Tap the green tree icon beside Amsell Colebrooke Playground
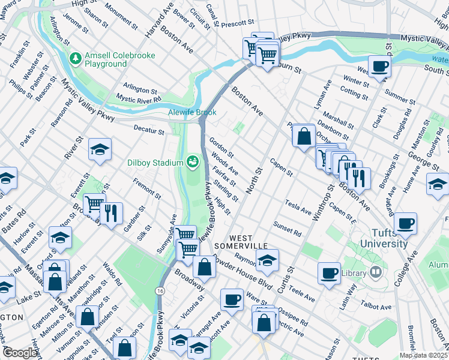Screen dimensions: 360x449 pos(76,58)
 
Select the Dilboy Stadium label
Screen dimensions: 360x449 pos(155,163)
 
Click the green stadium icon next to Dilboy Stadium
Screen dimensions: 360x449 pos(192,161)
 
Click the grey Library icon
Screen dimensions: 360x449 pos(376,272)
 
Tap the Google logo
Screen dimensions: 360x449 pos(20,353)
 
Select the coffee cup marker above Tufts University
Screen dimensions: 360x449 pos(406,224)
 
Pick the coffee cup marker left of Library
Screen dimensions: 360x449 pos(329,273)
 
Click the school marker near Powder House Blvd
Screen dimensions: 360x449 pos(267,260)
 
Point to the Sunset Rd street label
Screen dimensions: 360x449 pos(286,228)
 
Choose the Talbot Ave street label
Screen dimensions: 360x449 pos(378,305)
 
